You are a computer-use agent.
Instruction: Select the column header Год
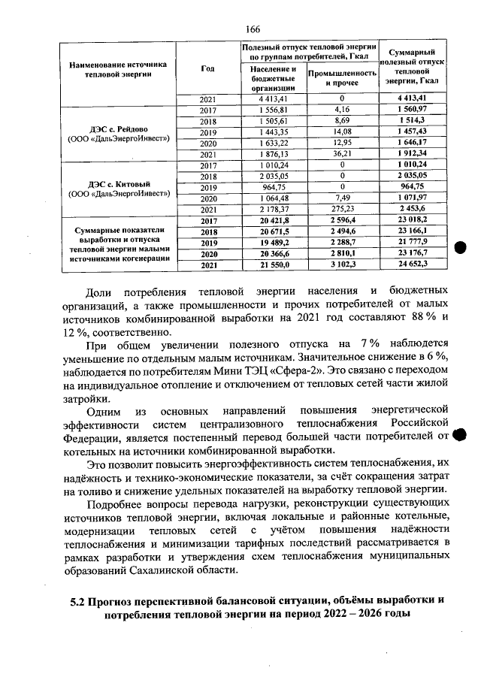tap(208, 68)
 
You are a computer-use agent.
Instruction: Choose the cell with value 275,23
tap(342, 209)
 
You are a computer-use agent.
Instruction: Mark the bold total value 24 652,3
tap(412, 264)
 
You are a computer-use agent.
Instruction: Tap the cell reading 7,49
tap(342, 198)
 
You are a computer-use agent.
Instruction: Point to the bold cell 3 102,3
tap(342, 264)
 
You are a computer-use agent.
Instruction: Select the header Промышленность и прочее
tap(342, 77)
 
